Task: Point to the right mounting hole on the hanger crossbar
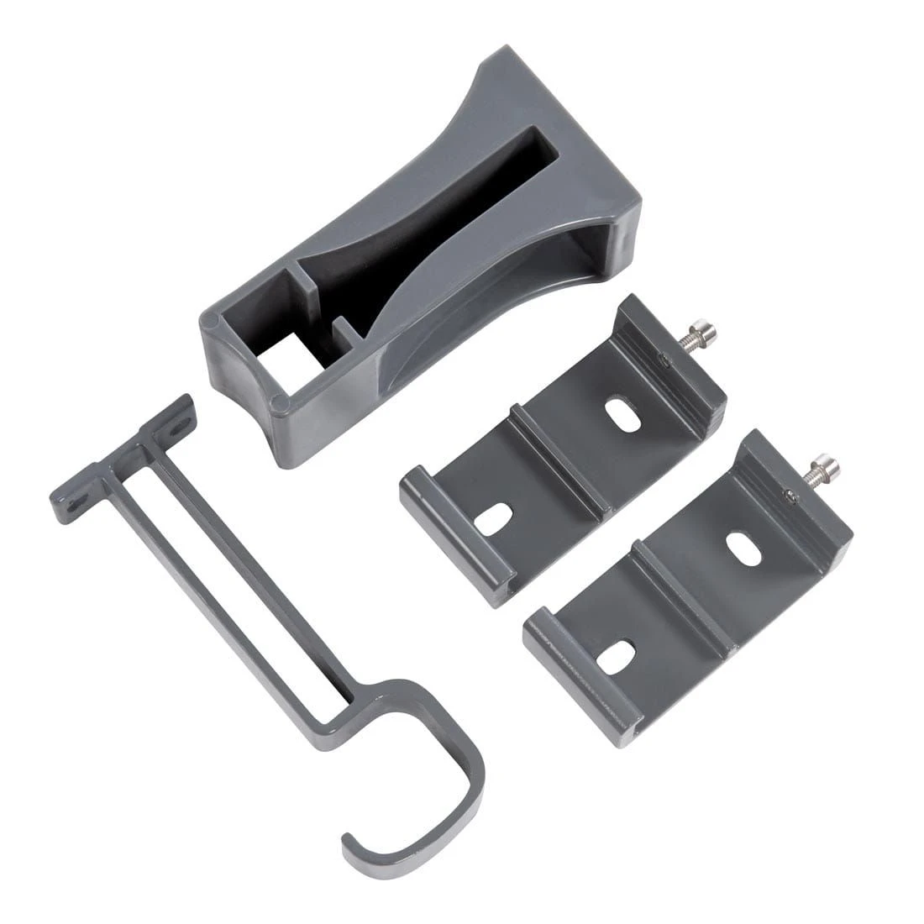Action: point(177,428)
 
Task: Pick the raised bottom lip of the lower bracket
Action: point(580,672)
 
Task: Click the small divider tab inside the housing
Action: point(338,328)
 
